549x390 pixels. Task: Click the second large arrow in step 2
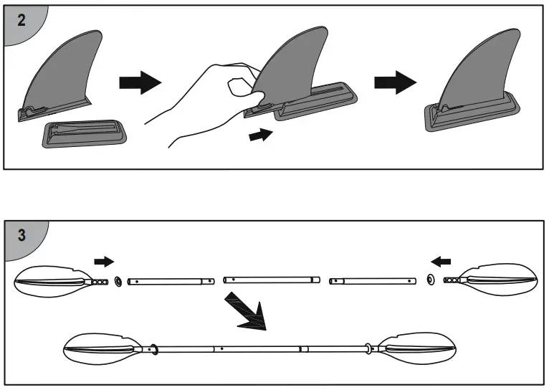395,82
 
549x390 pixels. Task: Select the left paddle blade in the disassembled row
50,280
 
